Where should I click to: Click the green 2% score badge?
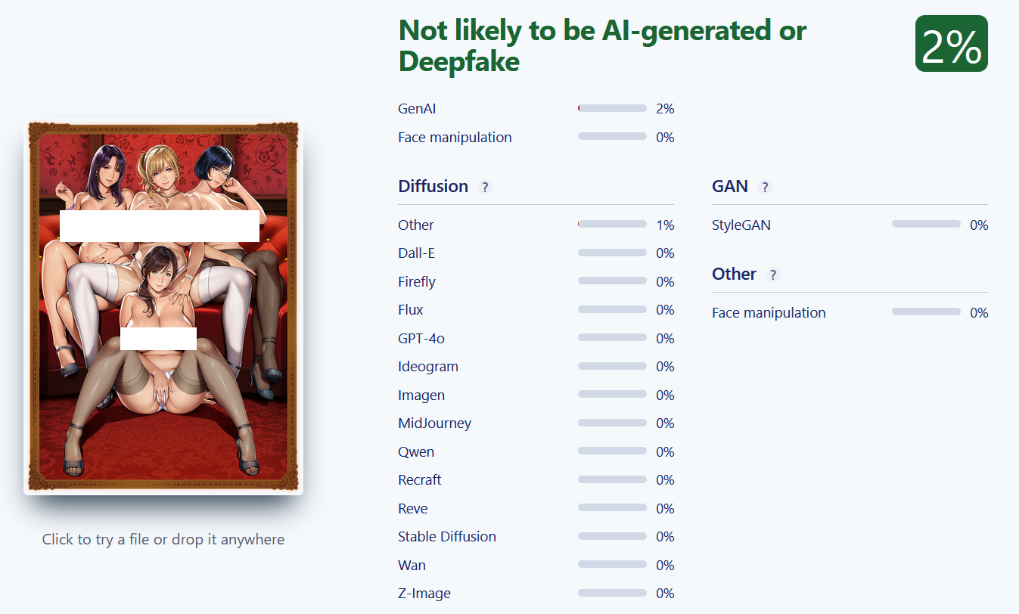coord(951,44)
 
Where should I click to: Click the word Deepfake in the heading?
coord(458,61)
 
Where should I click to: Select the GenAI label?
coord(417,109)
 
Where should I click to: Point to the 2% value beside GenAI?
coord(665,109)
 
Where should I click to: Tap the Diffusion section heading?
coord(433,186)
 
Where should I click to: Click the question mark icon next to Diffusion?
coord(485,187)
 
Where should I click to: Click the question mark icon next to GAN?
coord(765,187)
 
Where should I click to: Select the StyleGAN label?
coord(741,225)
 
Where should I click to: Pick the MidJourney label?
coord(434,423)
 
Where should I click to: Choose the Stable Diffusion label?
coord(447,537)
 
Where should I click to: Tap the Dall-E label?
coord(416,253)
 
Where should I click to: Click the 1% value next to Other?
coord(665,225)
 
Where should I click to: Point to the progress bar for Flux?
coord(612,309)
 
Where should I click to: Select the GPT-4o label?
coord(421,339)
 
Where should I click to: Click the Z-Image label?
coord(424,594)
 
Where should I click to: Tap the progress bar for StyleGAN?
coord(926,224)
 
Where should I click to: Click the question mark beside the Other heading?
coord(772,274)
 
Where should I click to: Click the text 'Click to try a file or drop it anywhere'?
coord(163,539)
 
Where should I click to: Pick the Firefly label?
coord(416,282)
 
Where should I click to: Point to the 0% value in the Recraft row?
coord(665,480)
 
